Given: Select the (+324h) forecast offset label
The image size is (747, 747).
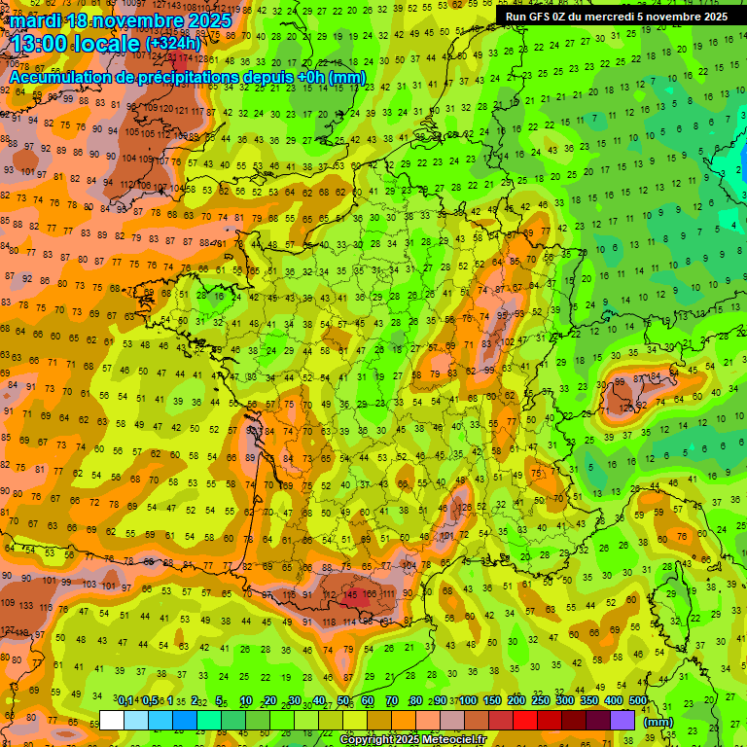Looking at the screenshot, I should (x=173, y=44).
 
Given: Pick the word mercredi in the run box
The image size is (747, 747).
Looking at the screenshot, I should (x=615, y=17).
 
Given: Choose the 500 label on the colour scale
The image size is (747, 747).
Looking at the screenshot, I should (x=638, y=701).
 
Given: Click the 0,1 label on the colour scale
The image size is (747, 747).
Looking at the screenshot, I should (x=125, y=701).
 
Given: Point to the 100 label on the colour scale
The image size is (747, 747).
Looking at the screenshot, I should (x=468, y=701).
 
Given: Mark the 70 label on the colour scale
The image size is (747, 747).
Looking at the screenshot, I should (x=392, y=701).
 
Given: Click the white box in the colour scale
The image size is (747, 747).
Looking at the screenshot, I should (x=111, y=720).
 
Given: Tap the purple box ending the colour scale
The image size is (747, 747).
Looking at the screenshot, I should (x=622, y=720).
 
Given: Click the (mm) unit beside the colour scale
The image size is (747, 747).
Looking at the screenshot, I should (x=658, y=722).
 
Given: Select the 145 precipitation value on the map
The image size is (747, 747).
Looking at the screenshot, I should (x=352, y=594).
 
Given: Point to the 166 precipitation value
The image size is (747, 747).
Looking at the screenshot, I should (x=370, y=594).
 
